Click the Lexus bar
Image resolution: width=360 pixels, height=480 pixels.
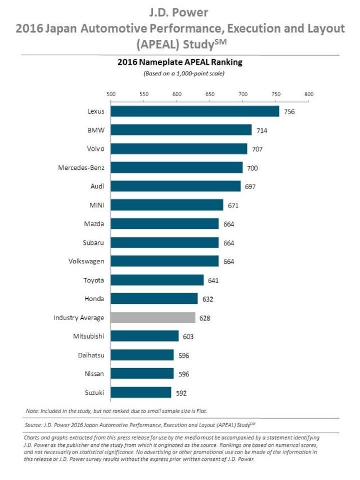click(195, 111)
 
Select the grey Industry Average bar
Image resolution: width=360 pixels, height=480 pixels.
click(153, 317)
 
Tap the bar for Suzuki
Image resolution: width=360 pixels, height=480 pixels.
click(141, 392)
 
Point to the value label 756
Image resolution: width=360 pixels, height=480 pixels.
click(289, 111)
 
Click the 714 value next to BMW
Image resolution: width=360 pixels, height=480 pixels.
click(262, 130)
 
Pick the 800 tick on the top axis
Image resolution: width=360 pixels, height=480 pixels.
click(308, 94)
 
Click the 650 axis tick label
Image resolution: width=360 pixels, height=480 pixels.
click(209, 94)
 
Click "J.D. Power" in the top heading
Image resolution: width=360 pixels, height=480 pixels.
click(179, 11)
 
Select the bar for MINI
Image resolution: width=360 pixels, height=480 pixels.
click(166, 205)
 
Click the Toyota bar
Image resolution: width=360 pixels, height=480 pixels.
click(157, 280)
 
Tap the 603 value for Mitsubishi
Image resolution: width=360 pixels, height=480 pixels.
click(188, 336)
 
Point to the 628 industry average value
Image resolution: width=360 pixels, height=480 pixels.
click(205, 317)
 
